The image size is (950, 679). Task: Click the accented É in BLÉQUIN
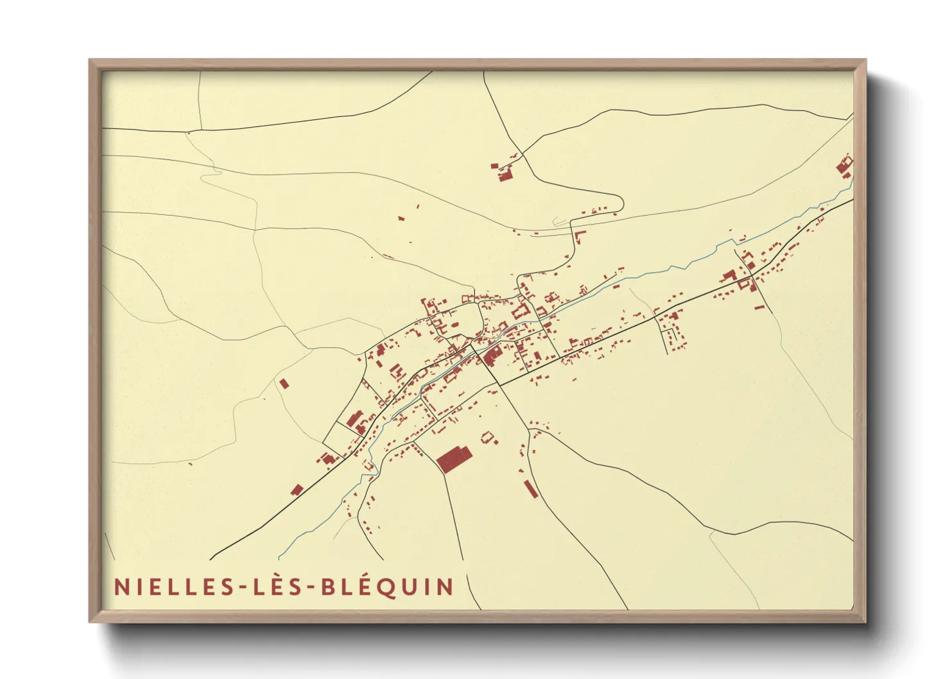(x=364, y=586)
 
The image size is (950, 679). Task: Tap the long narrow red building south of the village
(x=530, y=488)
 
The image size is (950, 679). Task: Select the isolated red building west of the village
(x=284, y=384)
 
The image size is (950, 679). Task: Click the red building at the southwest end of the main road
(x=296, y=490)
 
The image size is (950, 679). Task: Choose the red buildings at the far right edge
(x=845, y=167)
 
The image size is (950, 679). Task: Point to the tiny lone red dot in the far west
(x=190, y=463)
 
